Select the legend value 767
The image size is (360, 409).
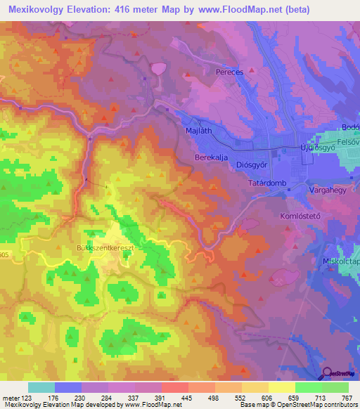(x=347, y=396)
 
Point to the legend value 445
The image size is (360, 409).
(x=187, y=396)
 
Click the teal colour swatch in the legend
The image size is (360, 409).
(x=41, y=387)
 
